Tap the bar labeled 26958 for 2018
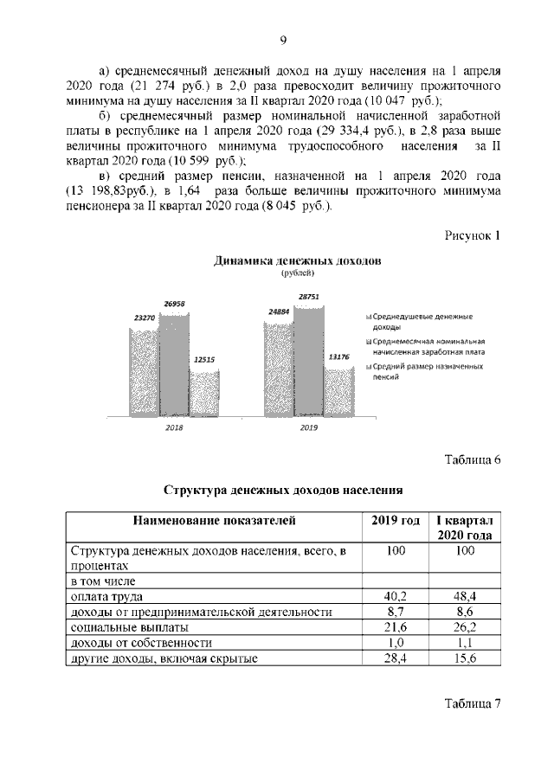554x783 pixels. click(175, 363)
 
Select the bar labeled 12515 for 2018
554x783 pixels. click(205, 391)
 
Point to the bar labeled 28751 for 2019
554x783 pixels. click(309, 359)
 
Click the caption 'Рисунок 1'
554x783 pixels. click(473, 235)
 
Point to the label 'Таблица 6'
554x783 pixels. click(473, 459)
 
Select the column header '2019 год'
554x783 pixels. click(396, 521)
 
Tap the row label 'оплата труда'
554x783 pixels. click(107, 596)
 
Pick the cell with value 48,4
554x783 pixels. click(467, 596)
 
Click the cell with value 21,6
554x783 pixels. click(396, 627)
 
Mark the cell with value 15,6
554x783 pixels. click(467, 658)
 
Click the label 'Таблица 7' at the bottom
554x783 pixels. click(473, 703)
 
